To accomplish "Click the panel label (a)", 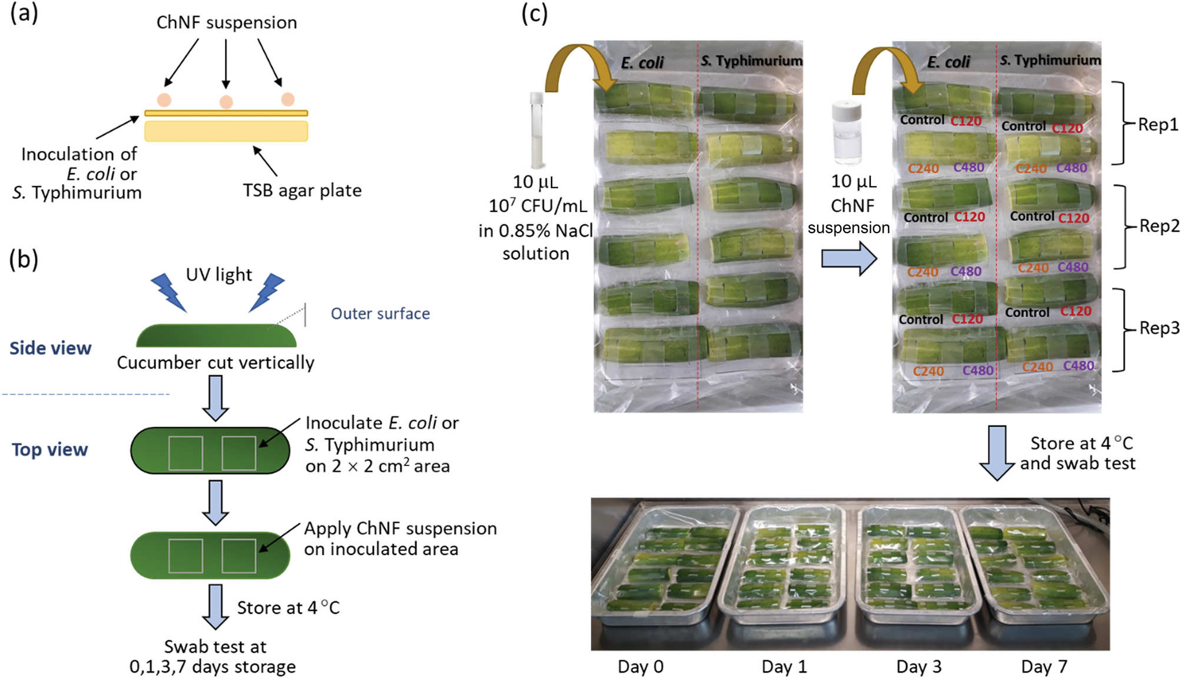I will click(24, 12).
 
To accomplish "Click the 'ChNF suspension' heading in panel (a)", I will click(227, 22).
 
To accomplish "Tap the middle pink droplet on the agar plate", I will click(226, 102).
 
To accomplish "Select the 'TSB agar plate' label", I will click(302, 190).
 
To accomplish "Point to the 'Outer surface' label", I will click(380, 314).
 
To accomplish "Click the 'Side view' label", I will click(51, 348).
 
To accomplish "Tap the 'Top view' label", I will click(50, 450).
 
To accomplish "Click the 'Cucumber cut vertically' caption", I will click(215, 363).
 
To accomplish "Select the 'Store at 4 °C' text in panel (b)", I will click(288, 607).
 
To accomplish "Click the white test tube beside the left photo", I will click(537, 129).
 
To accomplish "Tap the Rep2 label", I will click(1159, 226).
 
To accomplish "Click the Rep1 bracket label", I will click(1157, 125).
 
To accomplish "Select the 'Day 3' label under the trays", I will click(918, 667).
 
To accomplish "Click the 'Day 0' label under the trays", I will click(641, 667).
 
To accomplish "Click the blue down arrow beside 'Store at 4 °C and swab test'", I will click(997, 453).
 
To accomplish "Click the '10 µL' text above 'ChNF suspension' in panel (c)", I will click(853, 181).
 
